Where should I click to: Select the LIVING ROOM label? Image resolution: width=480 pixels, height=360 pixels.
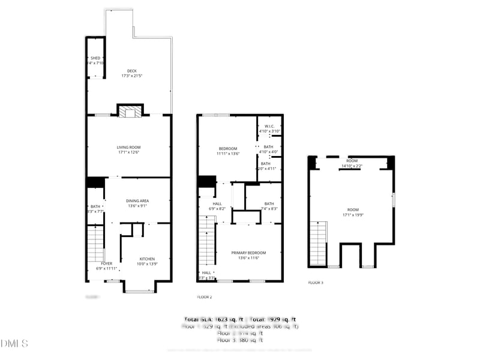(x=128, y=149)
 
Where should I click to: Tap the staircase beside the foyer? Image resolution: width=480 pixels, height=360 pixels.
(x=95, y=243)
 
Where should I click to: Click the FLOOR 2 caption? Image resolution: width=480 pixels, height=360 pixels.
(x=205, y=297)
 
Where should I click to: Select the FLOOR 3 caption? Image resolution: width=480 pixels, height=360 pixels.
(x=316, y=282)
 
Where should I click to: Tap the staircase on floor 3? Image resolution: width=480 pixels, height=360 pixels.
(x=318, y=243)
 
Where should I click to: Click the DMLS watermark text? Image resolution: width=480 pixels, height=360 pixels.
(x=14, y=344)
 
